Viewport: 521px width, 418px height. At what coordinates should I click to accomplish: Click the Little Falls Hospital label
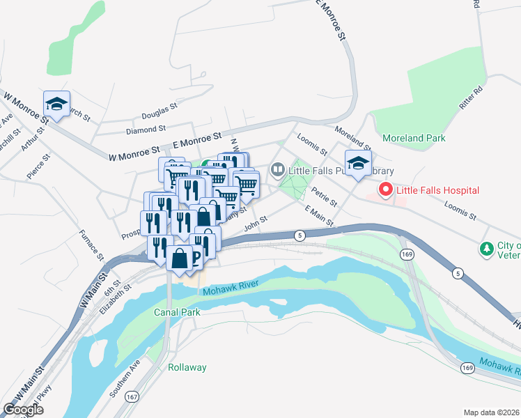pos(439,189)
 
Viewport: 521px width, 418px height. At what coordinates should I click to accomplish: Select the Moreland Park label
pos(414,138)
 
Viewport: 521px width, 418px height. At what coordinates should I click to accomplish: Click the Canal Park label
pos(177,312)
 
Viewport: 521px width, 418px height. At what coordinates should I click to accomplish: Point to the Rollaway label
pos(187,367)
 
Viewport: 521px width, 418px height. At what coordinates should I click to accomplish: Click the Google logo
pos(23,410)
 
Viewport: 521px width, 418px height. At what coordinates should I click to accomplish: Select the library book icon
pos(278,169)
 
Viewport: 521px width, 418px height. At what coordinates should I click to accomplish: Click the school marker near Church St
pos(56,104)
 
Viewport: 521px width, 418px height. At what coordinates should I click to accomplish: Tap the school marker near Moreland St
pos(358,164)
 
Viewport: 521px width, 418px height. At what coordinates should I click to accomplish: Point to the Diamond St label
pos(146,129)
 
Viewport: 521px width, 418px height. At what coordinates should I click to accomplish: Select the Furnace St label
pos(91,245)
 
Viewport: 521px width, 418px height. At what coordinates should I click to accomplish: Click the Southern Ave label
pos(125,379)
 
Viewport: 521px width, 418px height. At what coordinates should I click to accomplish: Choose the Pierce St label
pos(38,167)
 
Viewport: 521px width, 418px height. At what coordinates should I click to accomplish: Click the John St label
pos(256,223)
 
